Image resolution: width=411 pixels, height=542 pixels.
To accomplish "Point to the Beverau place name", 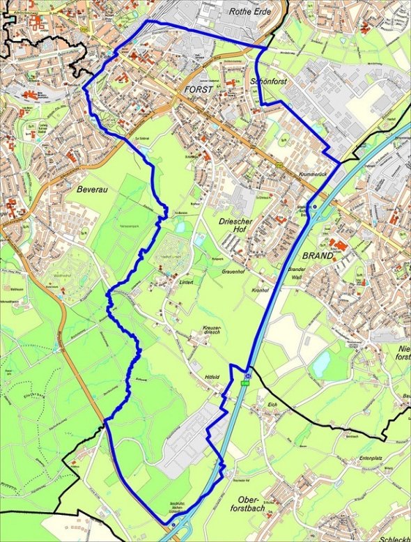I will click(91, 188).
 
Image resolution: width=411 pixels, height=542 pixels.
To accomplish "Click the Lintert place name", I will click(185, 282).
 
